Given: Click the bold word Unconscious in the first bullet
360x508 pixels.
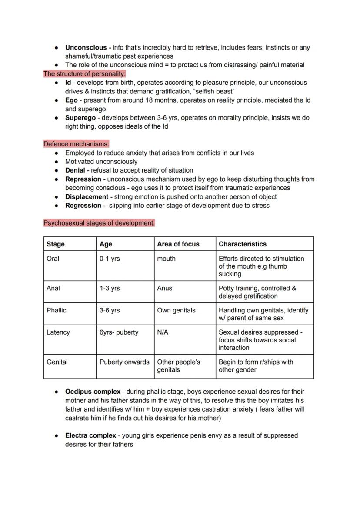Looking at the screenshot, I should (86, 48).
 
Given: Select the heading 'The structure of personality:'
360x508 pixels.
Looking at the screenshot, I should (84, 74).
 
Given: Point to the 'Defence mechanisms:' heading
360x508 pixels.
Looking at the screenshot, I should (76, 144).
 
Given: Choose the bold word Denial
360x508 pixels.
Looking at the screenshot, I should (75, 170).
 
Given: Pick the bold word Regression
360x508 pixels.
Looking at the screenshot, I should (83, 206).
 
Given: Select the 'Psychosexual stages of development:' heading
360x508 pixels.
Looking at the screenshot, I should (99, 223).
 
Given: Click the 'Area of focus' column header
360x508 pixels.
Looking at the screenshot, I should (178, 244).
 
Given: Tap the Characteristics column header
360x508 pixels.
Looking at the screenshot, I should (243, 244).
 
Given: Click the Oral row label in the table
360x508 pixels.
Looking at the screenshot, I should (53, 259).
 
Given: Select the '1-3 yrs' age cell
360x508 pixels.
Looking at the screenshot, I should (110, 288).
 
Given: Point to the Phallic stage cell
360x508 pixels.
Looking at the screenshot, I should (57, 310).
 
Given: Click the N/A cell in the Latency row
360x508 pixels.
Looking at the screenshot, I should (163, 332).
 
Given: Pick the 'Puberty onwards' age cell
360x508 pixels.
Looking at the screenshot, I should (124, 362).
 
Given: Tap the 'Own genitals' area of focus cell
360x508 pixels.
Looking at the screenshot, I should (176, 310).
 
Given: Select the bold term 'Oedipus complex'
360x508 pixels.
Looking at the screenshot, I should (93, 392).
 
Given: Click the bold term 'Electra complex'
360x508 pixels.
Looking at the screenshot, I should (90, 435).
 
